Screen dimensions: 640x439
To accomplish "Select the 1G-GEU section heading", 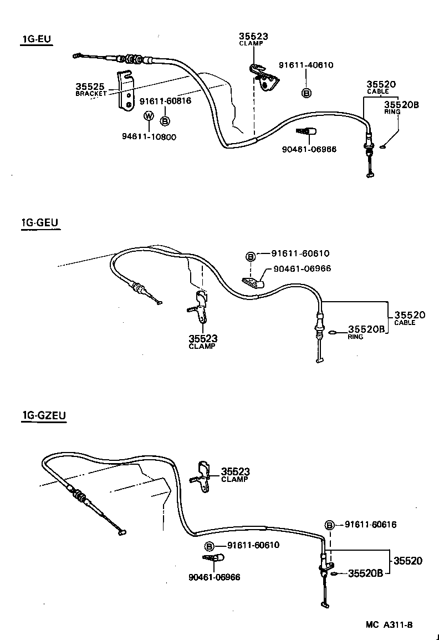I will click(40, 223).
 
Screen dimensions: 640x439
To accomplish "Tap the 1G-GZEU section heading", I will click(44, 415).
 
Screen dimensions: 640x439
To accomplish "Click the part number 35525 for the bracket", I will click(90, 87).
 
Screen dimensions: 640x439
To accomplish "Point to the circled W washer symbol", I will click(149, 116).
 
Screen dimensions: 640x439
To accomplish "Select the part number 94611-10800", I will click(149, 137).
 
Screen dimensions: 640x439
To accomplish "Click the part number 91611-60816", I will click(165, 101).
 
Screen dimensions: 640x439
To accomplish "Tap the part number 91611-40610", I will click(306, 65).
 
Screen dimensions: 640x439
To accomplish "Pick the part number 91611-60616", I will click(371, 524).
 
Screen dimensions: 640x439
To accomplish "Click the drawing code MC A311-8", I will click(389, 624).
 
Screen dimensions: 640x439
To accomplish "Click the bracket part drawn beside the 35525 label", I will click(127, 91).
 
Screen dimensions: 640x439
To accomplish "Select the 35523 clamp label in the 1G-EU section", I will click(253, 37).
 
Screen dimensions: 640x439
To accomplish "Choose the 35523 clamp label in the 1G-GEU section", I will click(202, 338).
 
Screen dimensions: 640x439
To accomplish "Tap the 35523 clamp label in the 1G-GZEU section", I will click(235, 471).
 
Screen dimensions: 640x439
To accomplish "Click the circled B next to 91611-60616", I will click(329, 525).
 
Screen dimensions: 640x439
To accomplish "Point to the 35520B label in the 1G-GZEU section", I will click(365, 573).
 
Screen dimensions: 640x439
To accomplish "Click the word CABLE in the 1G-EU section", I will click(377, 91).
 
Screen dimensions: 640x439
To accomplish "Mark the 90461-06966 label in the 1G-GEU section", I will click(302, 268).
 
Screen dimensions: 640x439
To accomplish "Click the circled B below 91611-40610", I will click(307, 93).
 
